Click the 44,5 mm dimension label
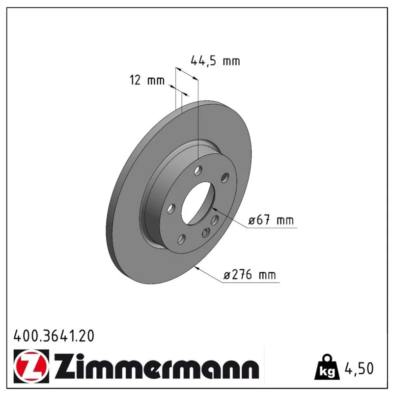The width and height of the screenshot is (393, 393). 215,61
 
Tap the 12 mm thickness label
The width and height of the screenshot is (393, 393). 147,80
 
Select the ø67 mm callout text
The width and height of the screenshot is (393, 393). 271,220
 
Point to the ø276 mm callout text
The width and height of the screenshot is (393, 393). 250,275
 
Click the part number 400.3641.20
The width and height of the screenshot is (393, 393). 54,336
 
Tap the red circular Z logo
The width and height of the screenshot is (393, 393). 31,366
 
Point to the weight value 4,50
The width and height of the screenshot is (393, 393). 359,368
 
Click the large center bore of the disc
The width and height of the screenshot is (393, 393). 198,203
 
